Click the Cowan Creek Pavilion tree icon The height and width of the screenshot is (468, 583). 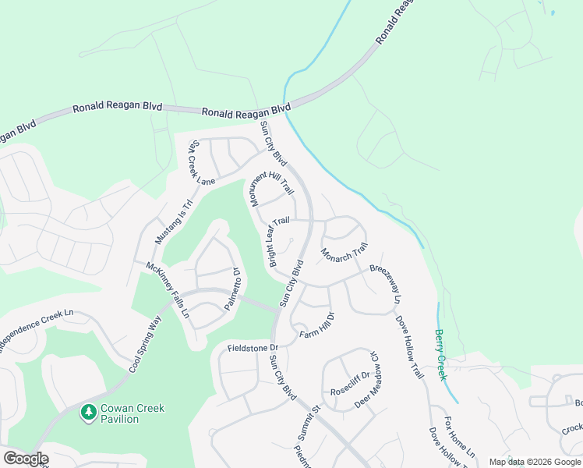pos(89,413)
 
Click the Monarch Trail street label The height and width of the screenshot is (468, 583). pos(344,253)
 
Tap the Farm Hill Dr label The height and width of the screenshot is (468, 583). pos(317,325)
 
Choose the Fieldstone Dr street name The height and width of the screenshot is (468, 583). pos(253,346)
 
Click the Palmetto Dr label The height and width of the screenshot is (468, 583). pos(231,289)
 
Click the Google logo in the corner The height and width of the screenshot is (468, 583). pos(26,459)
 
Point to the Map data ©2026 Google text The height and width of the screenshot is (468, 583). pos(534,462)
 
